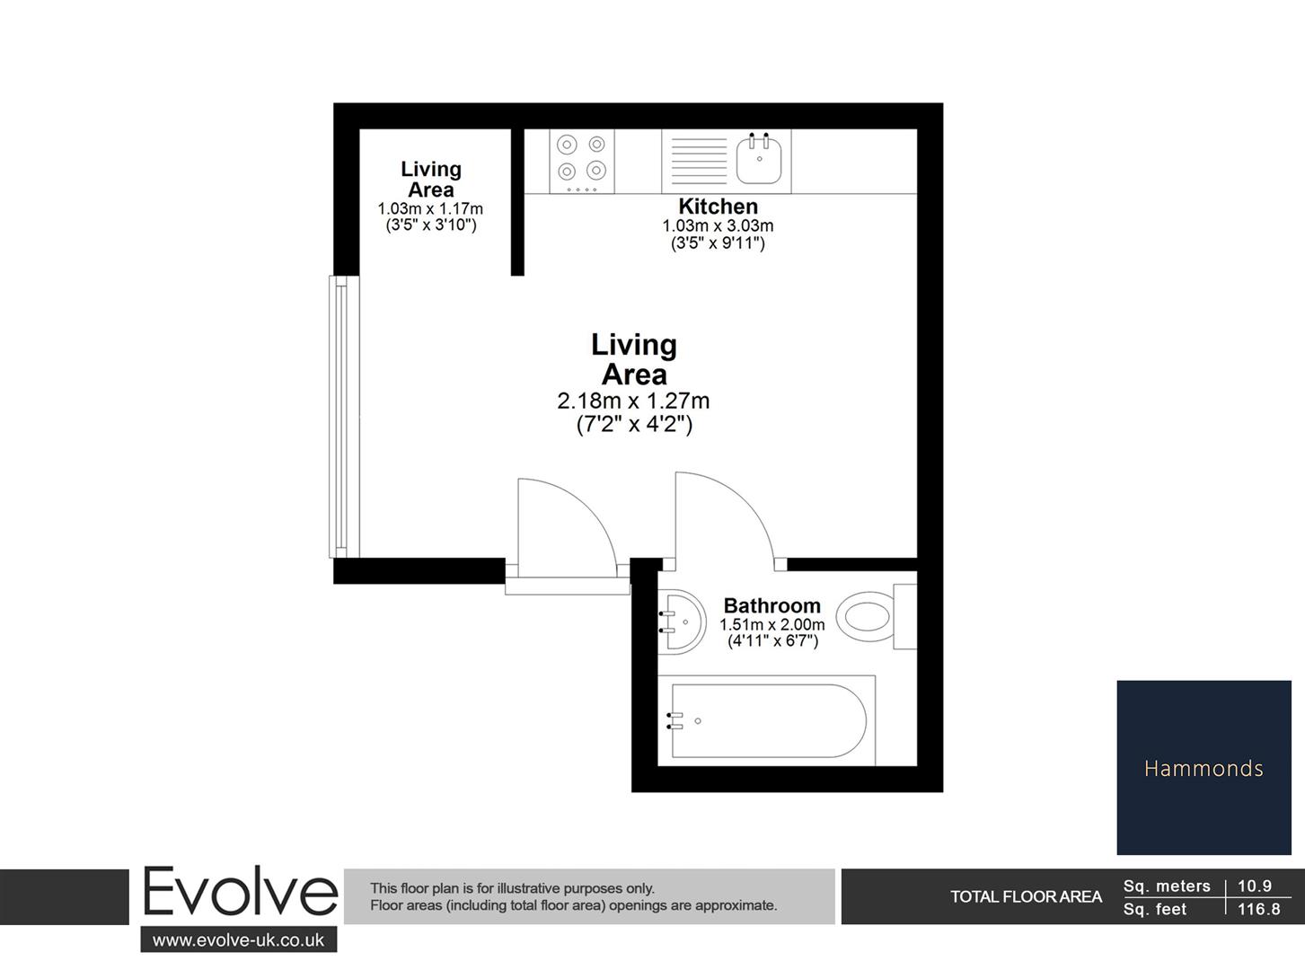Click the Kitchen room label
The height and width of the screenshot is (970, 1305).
(718, 207)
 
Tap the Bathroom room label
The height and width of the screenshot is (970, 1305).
(772, 605)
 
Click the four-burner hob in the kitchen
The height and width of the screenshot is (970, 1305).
(581, 160)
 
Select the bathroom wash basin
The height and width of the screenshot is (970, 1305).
(682, 622)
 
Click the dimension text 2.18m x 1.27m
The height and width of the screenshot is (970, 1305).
(633, 401)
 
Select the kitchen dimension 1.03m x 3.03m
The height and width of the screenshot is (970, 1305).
(718, 226)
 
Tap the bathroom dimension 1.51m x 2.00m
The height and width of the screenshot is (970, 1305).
(772, 624)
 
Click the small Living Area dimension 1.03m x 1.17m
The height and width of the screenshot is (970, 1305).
(430, 208)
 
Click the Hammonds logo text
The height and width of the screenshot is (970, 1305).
(1204, 768)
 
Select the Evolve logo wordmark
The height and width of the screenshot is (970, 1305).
(240, 893)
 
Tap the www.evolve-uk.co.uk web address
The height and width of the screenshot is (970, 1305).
(238, 940)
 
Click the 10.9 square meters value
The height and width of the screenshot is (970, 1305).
(1255, 886)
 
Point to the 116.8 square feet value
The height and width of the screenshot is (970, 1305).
(1258, 909)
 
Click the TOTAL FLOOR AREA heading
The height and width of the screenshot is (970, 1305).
(1026, 896)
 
